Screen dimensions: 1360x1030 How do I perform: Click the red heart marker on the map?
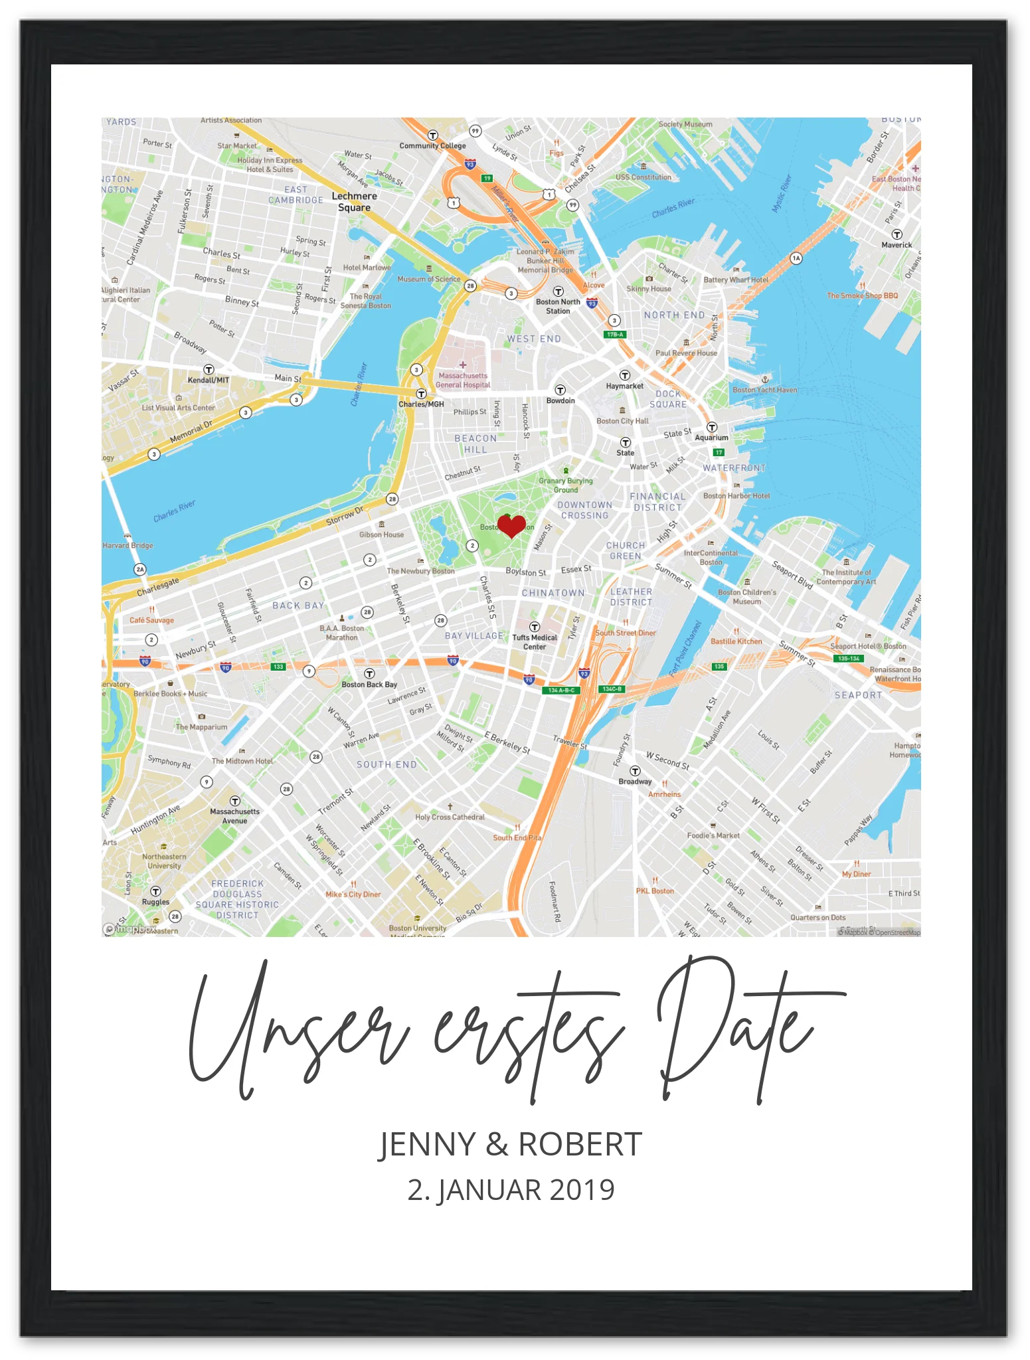[x=511, y=526]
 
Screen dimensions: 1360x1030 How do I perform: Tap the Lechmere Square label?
[x=354, y=202]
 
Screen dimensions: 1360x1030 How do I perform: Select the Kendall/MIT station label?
[x=209, y=381]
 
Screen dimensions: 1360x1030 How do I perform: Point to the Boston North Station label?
[x=558, y=306]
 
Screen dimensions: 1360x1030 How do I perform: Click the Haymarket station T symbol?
[x=624, y=375]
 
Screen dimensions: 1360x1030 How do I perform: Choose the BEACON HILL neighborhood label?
[x=475, y=444]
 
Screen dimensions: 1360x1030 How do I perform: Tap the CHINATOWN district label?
[x=553, y=593]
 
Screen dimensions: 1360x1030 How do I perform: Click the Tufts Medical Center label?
[x=535, y=642]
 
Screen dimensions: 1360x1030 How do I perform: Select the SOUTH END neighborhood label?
[x=386, y=764]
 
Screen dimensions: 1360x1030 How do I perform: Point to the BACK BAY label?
[x=298, y=606]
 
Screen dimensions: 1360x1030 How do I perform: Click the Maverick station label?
[x=897, y=245]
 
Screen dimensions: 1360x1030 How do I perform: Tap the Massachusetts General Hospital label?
[x=463, y=380]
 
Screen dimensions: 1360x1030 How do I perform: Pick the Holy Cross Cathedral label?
[x=450, y=817]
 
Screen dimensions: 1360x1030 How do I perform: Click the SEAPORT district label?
[x=858, y=695]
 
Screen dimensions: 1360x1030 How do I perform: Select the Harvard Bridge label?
[x=128, y=546]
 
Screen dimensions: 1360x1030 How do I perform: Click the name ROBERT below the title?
[x=580, y=1144]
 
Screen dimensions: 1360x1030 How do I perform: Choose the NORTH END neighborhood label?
[x=674, y=315]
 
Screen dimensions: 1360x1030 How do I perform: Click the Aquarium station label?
[x=711, y=438]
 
